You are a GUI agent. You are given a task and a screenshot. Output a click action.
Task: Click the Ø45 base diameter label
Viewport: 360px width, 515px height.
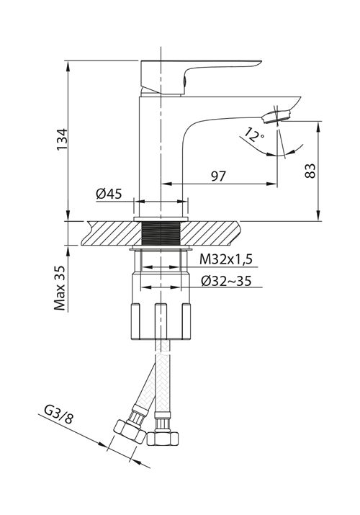pos(108,193)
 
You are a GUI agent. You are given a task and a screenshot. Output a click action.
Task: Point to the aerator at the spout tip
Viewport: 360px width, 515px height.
pos(277,115)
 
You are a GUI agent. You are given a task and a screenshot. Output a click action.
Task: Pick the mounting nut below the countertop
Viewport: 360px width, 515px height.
pos(161,303)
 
